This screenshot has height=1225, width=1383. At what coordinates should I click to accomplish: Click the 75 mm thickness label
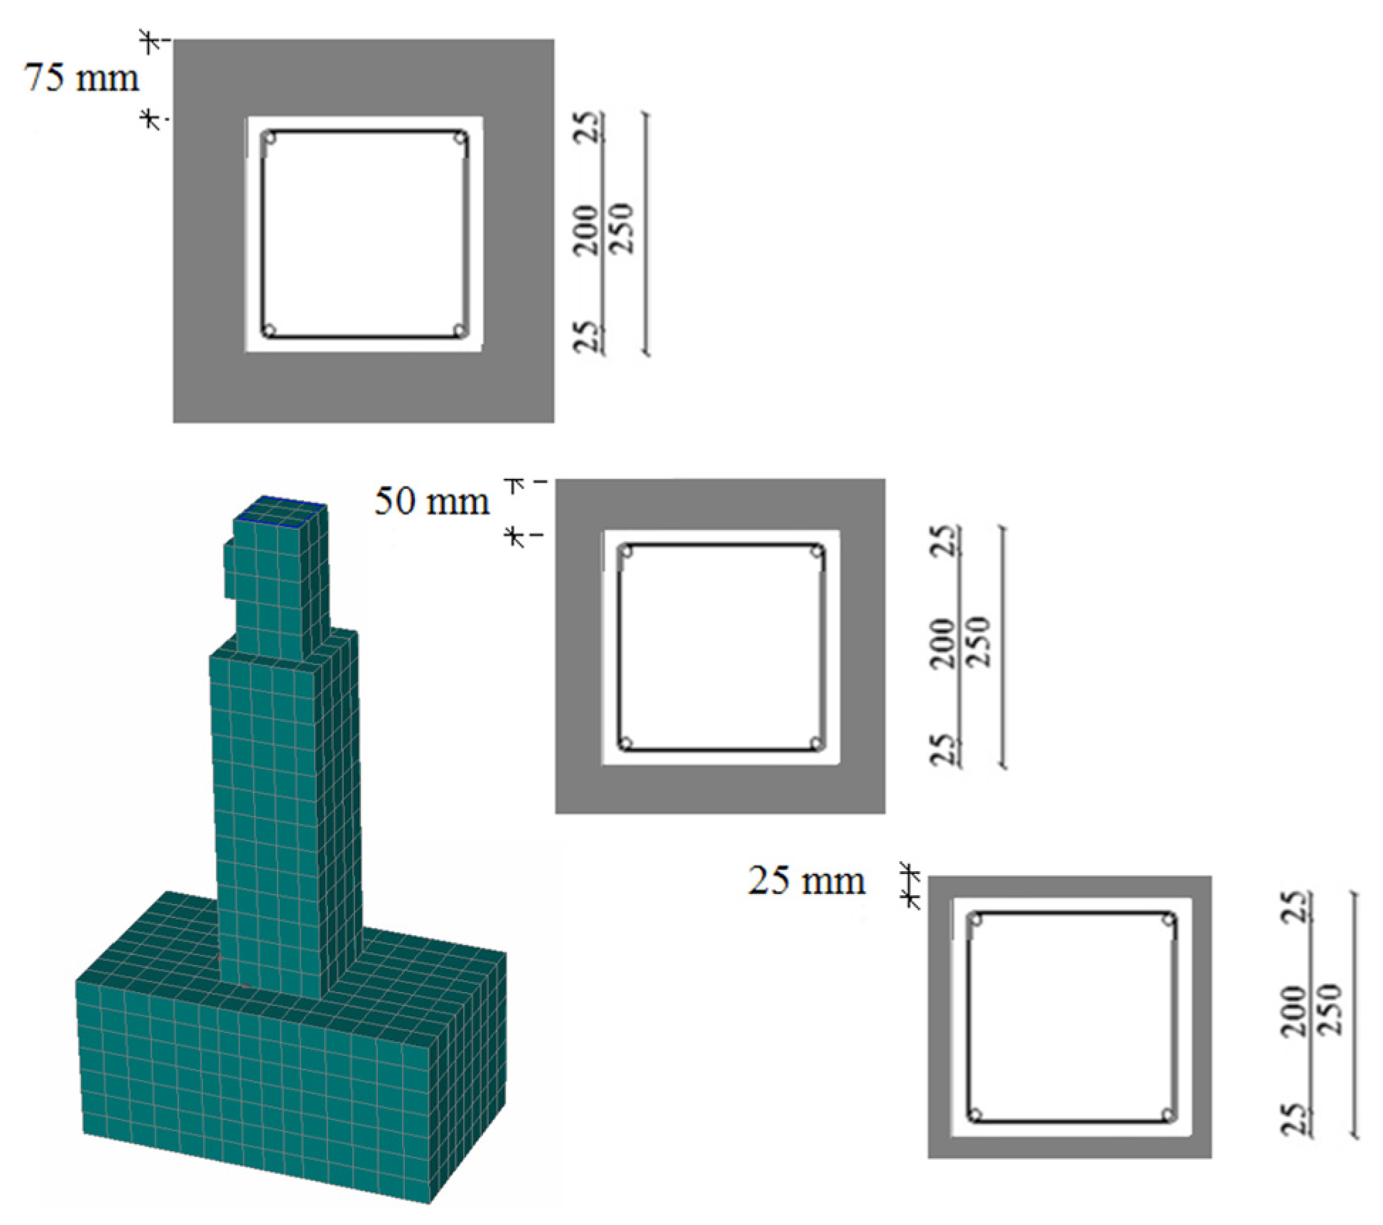[x=82, y=77]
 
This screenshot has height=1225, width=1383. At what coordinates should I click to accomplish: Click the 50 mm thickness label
[x=432, y=501]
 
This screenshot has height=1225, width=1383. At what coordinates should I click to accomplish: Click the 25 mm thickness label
[x=806, y=881]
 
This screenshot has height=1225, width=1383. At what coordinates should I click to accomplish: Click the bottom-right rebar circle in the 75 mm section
[x=460, y=330]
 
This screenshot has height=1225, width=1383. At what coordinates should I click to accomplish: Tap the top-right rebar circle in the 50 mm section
[x=817, y=551]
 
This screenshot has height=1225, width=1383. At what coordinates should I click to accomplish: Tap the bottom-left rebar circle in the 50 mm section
[x=626, y=744]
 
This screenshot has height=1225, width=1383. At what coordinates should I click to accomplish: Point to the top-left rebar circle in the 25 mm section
[x=977, y=920]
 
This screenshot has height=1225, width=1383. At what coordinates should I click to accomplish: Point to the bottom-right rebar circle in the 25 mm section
[x=1167, y=1114]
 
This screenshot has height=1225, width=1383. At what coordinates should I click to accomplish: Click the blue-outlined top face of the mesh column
[x=281, y=512]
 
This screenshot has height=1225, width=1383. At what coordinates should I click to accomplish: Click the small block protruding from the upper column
[x=229, y=570]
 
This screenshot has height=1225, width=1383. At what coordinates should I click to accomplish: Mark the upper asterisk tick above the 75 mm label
[x=149, y=42]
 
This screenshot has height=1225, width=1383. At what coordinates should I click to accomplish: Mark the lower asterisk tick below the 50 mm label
[x=515, y=536]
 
